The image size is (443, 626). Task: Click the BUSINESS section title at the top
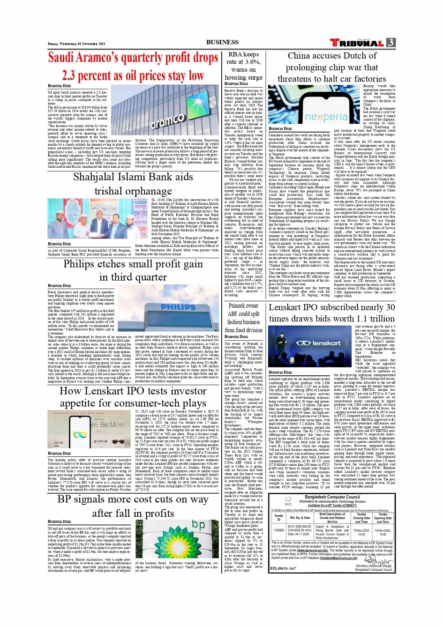(x=222, y=42)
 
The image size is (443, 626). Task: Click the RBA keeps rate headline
(x=243, y=66)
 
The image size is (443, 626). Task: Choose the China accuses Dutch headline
(x=332, y=67)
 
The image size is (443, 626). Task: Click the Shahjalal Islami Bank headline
(x=133, y=184)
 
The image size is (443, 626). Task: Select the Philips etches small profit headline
(x=133, y=270)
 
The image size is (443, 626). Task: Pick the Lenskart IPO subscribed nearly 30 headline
(x=331, y=313)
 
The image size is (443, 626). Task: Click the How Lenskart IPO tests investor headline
(x=133, y=397)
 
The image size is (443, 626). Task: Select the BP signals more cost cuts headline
(x=133, y=507)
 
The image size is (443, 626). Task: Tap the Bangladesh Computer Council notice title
(x=332, y=497)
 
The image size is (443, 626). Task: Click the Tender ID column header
(x=278, y=517)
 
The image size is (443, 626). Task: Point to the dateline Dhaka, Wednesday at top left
(x=76, y=44)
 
